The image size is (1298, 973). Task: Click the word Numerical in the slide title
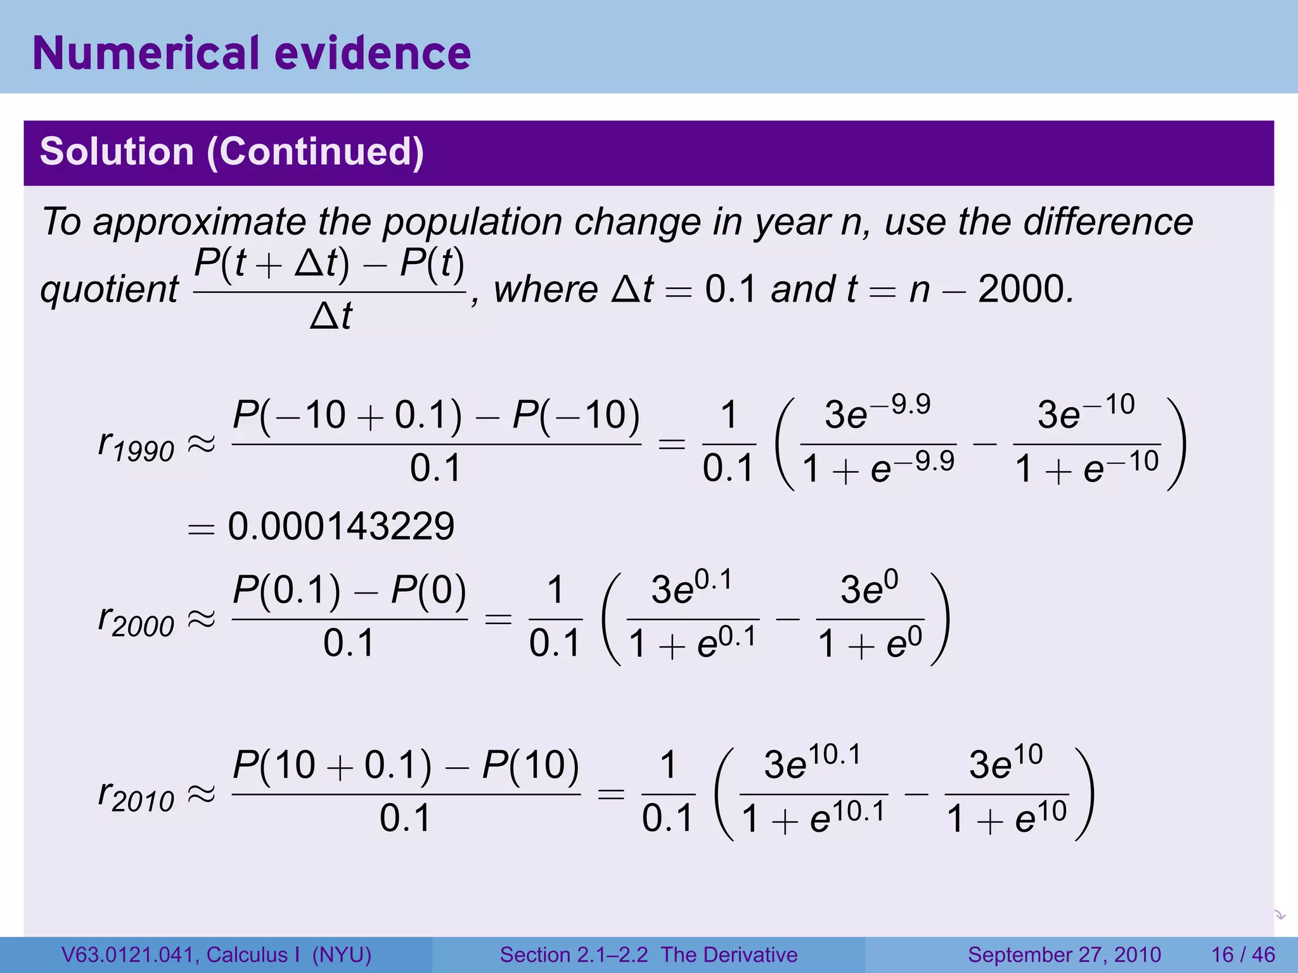[145, 53]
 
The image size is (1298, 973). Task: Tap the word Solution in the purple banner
[117, 152]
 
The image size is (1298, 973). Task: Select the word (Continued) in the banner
[315, 152]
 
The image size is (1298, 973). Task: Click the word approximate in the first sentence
[200, 223]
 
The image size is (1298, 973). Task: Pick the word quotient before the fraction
[109, 290]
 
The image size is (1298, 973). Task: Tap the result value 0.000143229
[341, 526]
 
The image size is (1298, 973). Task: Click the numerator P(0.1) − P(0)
[350, 590]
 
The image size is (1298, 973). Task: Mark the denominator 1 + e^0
[870, 645]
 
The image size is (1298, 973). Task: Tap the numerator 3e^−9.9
[877, 412]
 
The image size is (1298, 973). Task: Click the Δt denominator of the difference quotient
[330, 315]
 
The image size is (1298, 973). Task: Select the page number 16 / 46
[1243, 955]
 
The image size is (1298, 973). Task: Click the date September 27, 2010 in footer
[1064, 955]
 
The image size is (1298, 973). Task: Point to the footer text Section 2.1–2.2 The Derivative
[648, 955]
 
